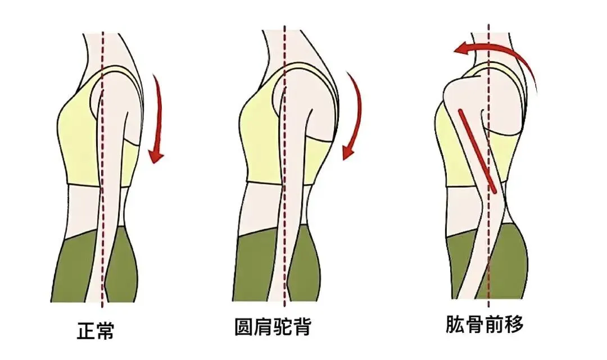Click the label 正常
(x=96, y=330)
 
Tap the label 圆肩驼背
(x=273, y=326)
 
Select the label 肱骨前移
(x=484, y=324)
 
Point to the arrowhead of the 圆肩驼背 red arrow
(x=349, y=152)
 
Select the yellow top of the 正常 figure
(x=79, y=140)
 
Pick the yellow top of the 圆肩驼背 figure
(x=259, y=140)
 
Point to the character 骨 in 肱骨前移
(x=475, y=324)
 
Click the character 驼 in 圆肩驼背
(x=283, y=326)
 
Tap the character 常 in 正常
(x=105, y=330)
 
